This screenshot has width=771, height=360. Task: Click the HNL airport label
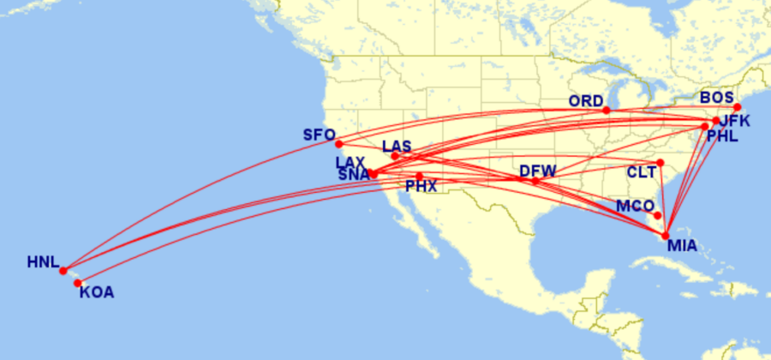42,262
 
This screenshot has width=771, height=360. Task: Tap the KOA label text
96,292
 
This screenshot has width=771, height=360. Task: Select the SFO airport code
319,135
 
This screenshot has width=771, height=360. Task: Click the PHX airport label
421,185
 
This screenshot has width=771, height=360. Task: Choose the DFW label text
537,171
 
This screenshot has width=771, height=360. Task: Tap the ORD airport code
586,101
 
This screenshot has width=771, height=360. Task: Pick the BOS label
716,97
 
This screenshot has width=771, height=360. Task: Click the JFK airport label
734,121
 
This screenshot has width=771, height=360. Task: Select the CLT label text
642,172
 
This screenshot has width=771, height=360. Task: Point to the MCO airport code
634,207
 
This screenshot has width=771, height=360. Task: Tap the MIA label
682,247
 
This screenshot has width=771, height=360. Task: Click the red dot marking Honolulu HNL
63,271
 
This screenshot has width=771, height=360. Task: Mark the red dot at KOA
77,283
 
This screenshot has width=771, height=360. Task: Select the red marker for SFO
339,144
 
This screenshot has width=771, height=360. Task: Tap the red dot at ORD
607,111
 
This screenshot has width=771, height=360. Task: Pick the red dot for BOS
737,107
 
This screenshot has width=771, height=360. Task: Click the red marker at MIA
666,236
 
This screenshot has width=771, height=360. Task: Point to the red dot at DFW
535,181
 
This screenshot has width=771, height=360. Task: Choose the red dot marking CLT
660,163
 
